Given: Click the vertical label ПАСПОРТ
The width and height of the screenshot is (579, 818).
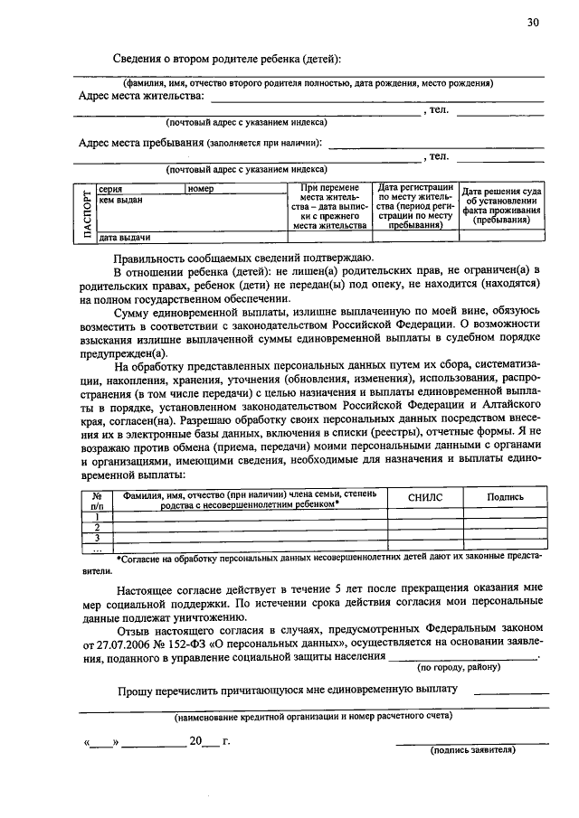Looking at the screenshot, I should tap(86, 214).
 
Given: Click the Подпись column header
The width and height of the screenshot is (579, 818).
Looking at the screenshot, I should tap(505, 497).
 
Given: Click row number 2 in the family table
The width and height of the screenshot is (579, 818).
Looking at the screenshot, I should tap(96, 526).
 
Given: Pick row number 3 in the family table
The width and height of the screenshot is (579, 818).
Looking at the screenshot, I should tap(96, 537).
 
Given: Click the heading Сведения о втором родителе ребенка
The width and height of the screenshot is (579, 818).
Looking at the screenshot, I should tap(227, 60).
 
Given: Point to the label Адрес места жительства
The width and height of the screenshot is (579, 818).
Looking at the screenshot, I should tap(142, 95).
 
